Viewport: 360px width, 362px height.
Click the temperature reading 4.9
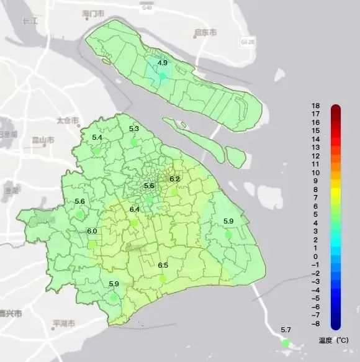click(162, 63)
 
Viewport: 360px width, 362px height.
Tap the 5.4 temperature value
click(97, 137)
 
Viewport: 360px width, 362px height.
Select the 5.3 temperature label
click(134, 129)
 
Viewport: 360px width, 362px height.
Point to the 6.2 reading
click(174, 179)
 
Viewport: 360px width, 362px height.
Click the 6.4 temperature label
click(135, 209)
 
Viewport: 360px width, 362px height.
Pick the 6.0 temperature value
click(92, 231)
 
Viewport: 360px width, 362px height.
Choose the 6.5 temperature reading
click(163, 265)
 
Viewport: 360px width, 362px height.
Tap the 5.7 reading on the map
click(286, 330)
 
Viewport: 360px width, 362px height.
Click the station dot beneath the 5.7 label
click(286, 343)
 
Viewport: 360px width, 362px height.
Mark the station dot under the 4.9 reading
click(162, 75)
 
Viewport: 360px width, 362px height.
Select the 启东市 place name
click(205, 32)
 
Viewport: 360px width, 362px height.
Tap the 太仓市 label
click(68, 120)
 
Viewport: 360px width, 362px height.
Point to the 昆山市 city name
click(42, 140)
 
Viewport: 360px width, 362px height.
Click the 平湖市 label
click(65, 324)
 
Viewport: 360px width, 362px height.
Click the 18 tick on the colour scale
click(316, 106)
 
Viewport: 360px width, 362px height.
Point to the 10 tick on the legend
click(316, 173)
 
